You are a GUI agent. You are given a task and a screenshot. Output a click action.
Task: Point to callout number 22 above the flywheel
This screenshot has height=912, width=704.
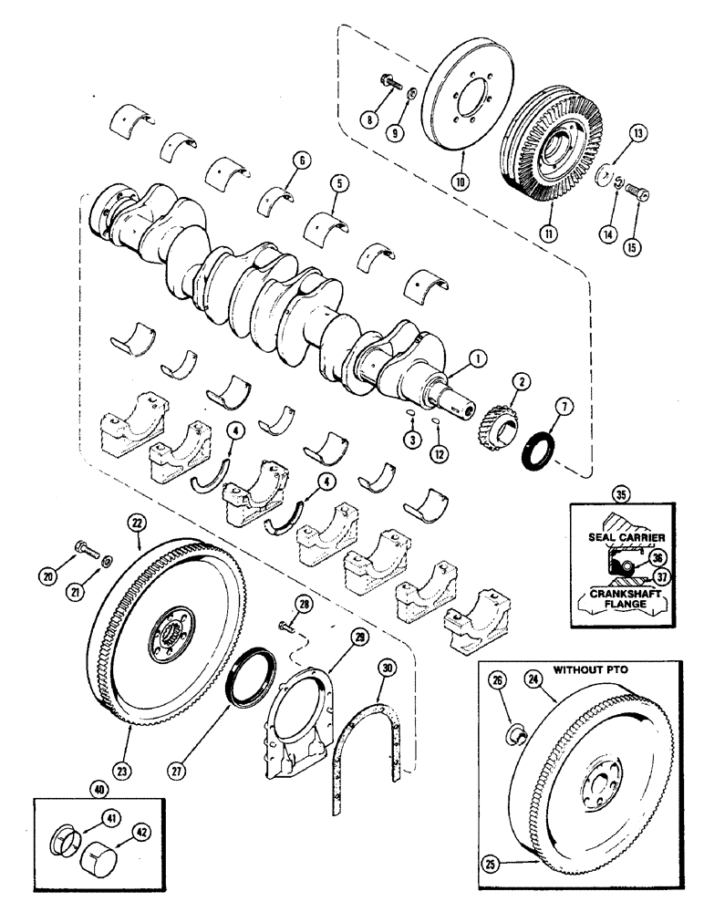tap(137, 523)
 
